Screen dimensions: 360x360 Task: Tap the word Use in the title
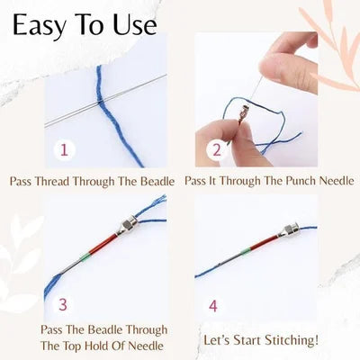pyautogui.click(x=132, y=24)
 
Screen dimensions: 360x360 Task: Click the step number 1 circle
pyautogui.click(x=63, y=148)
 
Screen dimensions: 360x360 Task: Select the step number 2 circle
pyautogui.click(x=212, y=149)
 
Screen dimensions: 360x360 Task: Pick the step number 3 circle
pyautogui.click(x=63, y=304)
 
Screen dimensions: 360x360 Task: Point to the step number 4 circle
pyautogui.click(x=212, y=305)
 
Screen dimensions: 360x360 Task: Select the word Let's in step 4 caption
pyautogui.click(x=220, y=339)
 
